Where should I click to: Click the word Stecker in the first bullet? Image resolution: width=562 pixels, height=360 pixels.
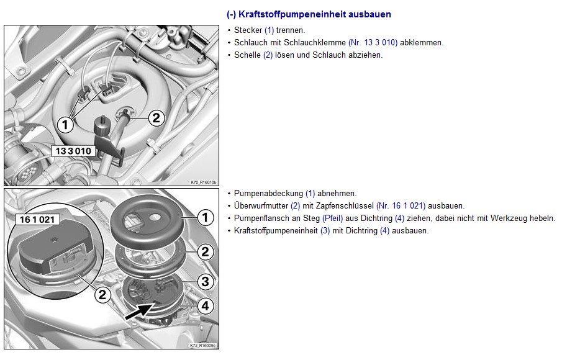(248, 30)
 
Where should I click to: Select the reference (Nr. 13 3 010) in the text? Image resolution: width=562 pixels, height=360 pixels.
(373, 43)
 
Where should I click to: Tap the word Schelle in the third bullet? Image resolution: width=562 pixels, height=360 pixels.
(247, 55)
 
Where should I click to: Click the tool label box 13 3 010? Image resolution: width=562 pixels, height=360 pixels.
(73, 151)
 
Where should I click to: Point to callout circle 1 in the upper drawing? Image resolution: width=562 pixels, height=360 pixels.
(65, 125)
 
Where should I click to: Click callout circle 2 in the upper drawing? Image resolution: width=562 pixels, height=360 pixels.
(156, 118)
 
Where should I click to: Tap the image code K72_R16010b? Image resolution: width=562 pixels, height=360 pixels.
(204, 182)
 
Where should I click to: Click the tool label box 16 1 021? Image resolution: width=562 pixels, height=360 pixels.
(37, 219)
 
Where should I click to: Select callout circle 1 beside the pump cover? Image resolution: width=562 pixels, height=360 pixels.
(205, 217)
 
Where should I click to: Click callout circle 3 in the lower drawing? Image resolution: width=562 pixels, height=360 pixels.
(206, 282)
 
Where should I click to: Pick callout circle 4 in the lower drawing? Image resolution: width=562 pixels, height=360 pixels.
(206, 305)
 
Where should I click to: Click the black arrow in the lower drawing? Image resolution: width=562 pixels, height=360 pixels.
(139, 310)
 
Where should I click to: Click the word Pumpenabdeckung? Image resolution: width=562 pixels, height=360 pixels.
(268, 194)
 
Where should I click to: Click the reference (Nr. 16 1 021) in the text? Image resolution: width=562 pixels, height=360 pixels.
(401, 206)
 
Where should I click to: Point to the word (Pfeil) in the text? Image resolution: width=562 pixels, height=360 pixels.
(333, 218)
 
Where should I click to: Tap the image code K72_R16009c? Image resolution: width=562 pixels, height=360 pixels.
(203, 346)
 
